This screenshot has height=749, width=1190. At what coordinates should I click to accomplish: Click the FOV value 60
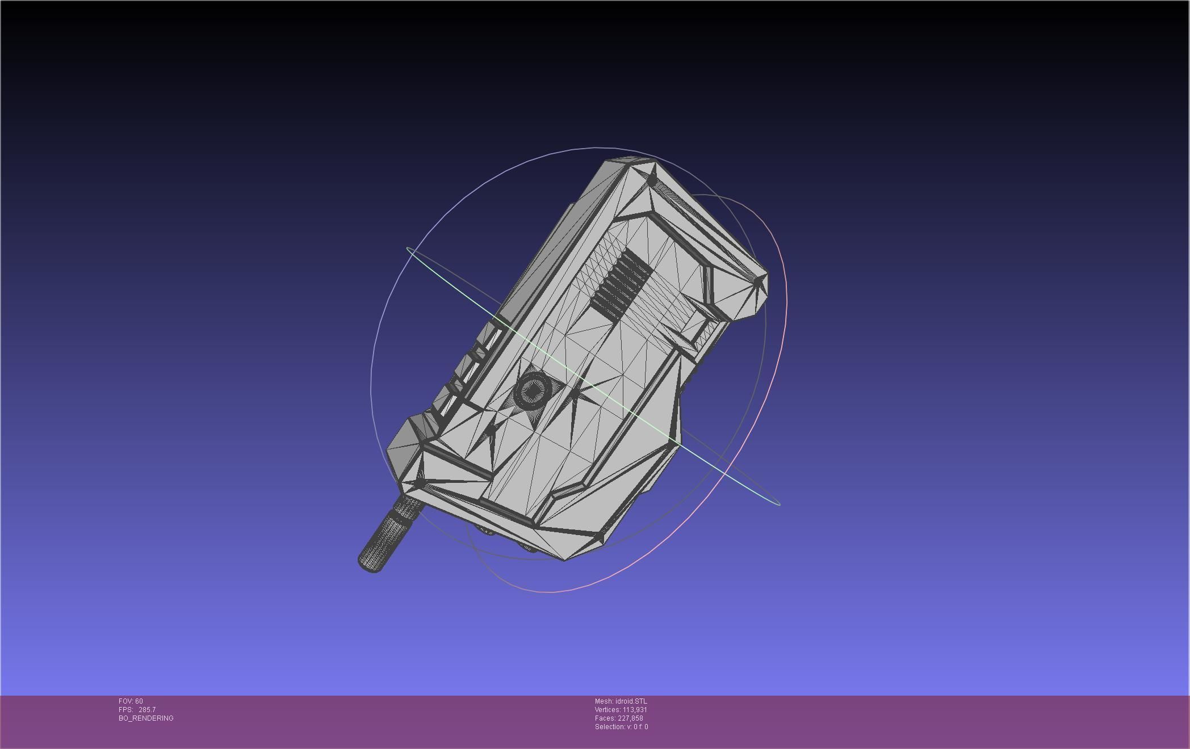click(139, 701)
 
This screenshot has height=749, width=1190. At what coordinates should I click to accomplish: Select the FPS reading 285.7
click(147, 710)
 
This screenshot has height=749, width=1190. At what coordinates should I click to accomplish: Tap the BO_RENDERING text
click(146, 718)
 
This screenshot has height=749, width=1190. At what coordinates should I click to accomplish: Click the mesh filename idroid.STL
click(631, 701)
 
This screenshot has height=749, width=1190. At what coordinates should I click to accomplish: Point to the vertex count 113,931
click(635, 710)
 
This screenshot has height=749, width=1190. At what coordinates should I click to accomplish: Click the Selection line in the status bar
click(621, 727)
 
